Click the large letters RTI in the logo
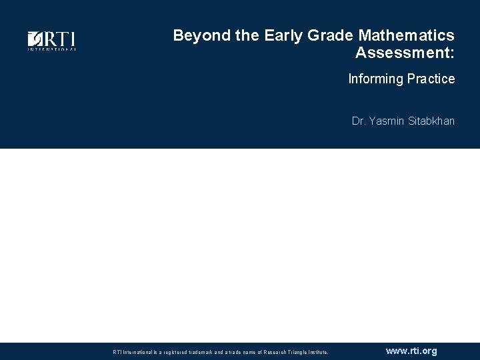click(x=59, y=39)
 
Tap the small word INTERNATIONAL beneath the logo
click(x=51, y=49)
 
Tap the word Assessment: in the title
click(x=405, y=53)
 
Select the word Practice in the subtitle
click(x=431, y=79)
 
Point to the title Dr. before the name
click(x=359, y=121)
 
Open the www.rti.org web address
click(x=411, y=351)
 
